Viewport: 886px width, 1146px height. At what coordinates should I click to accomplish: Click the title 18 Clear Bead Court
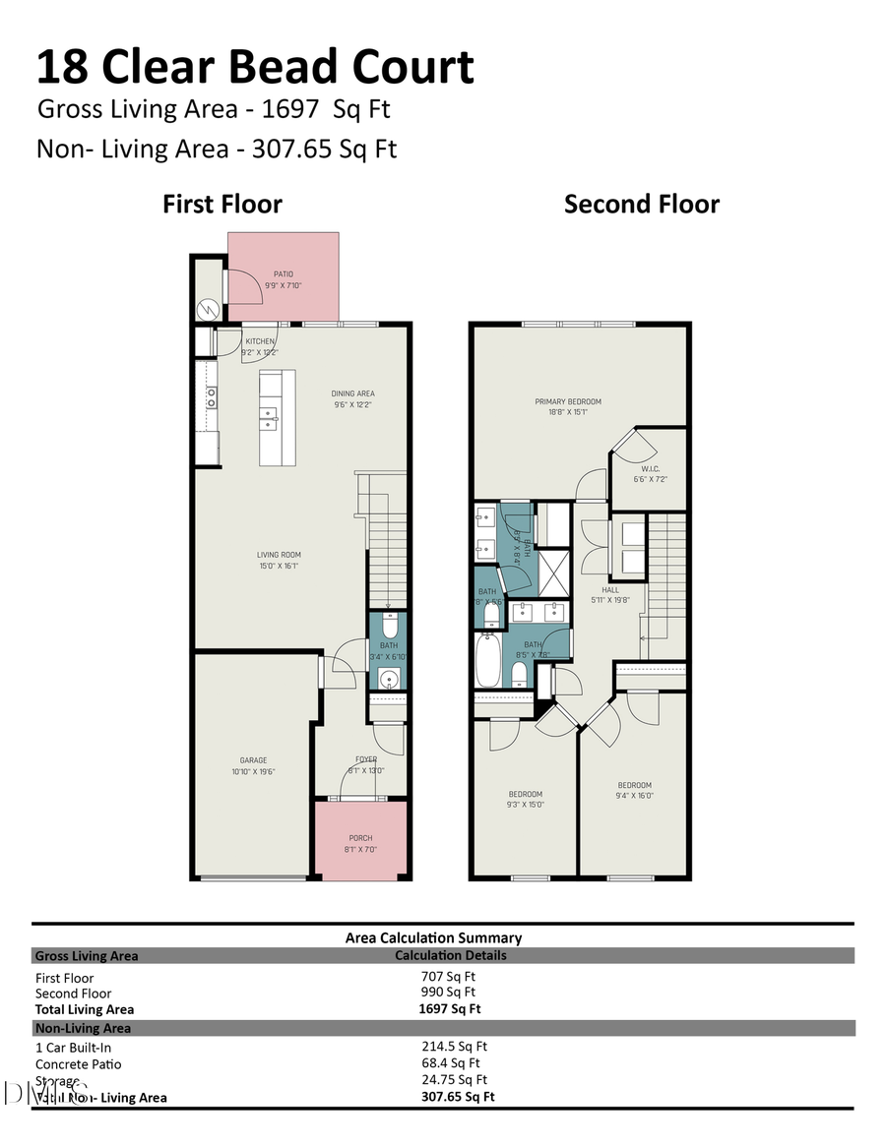[x=255, y=67]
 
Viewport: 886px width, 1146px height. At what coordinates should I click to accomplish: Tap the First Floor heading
[x=222, y=205]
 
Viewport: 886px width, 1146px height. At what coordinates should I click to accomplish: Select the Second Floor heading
[x=641, y=205]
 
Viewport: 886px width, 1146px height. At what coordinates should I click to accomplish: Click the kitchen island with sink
[x=277, y=417]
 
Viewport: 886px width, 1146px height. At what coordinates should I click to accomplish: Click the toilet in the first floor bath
[x=389, y=626]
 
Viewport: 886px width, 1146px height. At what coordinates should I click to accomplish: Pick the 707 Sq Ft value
[x=448, y=977]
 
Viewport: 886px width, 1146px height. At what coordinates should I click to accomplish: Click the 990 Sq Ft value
[x=448, y=993]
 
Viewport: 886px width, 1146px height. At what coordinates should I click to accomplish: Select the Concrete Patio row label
[x=79, y=1063]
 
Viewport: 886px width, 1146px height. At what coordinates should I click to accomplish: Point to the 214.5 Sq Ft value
[x=454, y=1047]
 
